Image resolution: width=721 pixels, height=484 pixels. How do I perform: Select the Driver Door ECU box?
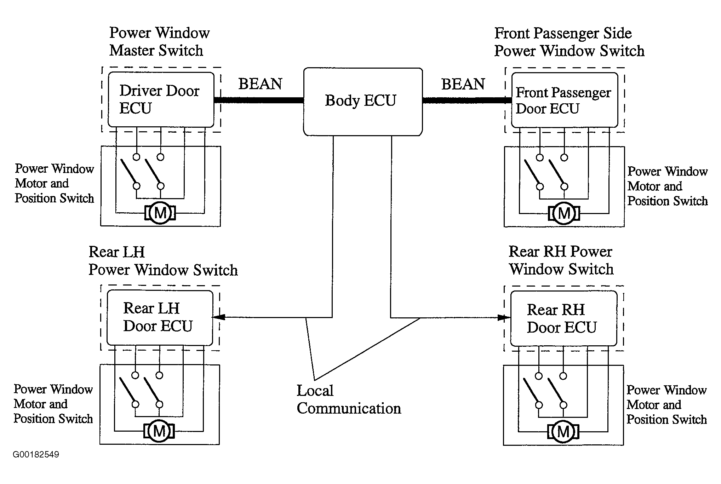[161, 99]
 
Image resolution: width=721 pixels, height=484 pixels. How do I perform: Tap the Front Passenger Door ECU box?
[565, 100]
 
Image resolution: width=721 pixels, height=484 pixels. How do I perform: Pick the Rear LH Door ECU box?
[160, 318]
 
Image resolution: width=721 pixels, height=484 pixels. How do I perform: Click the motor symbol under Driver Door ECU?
[160, 213]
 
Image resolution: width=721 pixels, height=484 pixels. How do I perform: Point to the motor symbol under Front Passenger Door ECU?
[564, 213]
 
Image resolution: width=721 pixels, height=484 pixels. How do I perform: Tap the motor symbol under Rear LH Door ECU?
[159, 431]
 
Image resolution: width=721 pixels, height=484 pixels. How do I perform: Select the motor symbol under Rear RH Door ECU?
[563, 432]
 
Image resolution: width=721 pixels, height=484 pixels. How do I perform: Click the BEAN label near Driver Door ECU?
[260, 84]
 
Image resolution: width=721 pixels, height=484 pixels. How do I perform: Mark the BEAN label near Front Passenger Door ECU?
[463, 84]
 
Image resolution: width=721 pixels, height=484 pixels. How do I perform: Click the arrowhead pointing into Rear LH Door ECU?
[219, 317]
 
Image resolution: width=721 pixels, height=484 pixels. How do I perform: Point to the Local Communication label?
[349, 400]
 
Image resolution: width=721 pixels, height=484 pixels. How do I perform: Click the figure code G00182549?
[36, 455]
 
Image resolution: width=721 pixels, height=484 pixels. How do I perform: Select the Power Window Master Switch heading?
[159, 42]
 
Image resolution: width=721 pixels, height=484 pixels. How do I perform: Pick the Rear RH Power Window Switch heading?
[561, 260]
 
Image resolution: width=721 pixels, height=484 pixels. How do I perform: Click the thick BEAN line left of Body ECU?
[259, 100]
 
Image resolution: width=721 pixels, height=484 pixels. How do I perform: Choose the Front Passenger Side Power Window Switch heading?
[569, 42]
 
